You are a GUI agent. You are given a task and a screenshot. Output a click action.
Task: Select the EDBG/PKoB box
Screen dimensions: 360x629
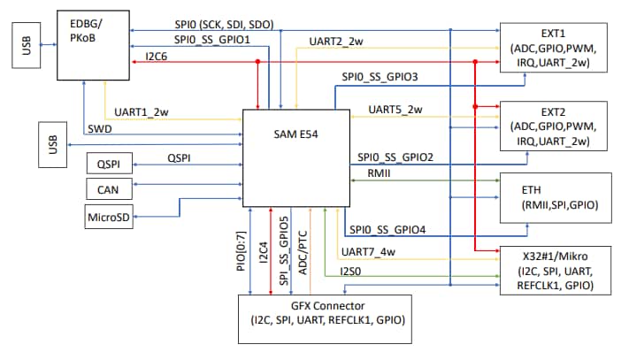coord(93,43)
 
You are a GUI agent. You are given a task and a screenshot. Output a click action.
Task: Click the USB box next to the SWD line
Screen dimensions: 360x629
coord(52,144)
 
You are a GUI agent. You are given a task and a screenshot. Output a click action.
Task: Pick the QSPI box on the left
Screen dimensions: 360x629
coord(108,163)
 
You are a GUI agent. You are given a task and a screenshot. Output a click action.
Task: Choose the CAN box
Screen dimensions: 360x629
coord(108,188)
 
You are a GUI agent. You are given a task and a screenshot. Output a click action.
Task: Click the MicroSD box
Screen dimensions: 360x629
coord(108,216)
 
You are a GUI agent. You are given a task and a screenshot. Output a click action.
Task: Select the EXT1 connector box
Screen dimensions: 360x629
coord(556,48)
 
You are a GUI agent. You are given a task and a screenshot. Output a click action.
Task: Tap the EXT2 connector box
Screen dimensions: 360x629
coord(556,126)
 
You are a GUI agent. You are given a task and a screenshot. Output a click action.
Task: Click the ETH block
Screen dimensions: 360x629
coord(556,197)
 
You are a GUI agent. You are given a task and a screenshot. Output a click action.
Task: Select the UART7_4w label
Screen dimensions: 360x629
coord(367,250)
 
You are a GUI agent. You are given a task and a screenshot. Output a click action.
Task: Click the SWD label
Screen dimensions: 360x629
coord(99,129)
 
